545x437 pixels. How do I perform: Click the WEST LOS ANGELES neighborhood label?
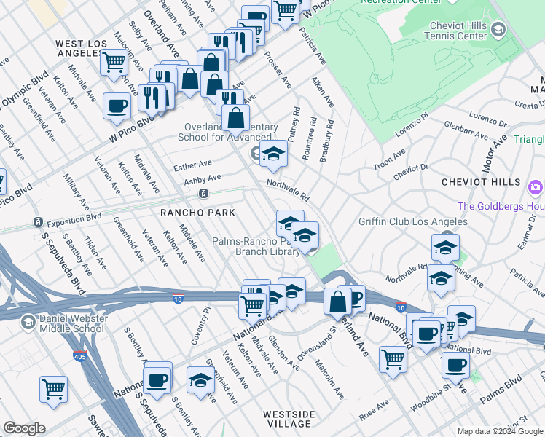pos(81,49)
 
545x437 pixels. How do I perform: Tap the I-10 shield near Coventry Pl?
pos(178,298)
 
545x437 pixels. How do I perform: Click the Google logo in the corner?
pos(24,428)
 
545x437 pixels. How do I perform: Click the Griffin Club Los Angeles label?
pos(412,222)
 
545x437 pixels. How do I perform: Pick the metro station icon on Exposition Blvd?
pos(203,194)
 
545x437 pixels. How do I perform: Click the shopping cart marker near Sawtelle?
pos(54,388)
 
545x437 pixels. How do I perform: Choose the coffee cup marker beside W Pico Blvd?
pos(117,106)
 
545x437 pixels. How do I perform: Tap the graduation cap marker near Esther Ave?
pos(273,153)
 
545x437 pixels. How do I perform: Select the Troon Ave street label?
pos(388,160)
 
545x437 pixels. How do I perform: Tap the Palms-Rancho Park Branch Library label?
pos(255,246)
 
